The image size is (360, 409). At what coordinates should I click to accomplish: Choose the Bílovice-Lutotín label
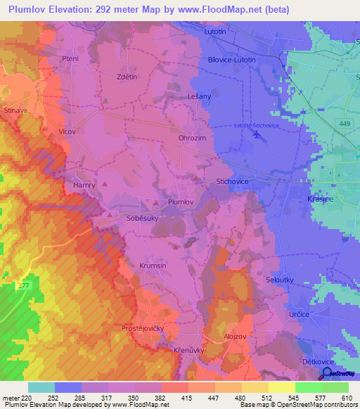[238, 60]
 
